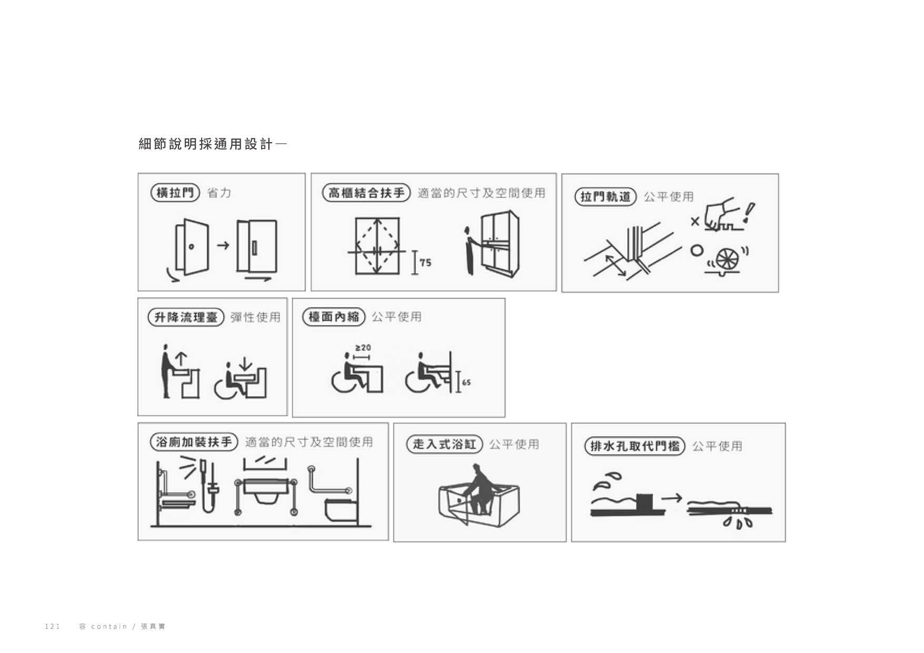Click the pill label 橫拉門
(175, 193)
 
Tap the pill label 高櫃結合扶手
(366, 193)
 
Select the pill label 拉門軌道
(605, 197)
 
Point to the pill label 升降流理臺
(186, 317)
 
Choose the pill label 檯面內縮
(334, 317)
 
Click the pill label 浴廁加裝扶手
(194, 442)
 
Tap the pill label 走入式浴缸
(444, 444)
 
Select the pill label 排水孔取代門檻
(634, 446)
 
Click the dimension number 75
(425, 263)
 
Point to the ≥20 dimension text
(363, 348)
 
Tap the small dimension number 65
(466, 383)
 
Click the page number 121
(53, 626)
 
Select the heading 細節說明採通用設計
(206, 144)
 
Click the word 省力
(220, 193)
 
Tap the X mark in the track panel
(695, 222)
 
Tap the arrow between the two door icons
(223, 245)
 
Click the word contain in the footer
(110, 626)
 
